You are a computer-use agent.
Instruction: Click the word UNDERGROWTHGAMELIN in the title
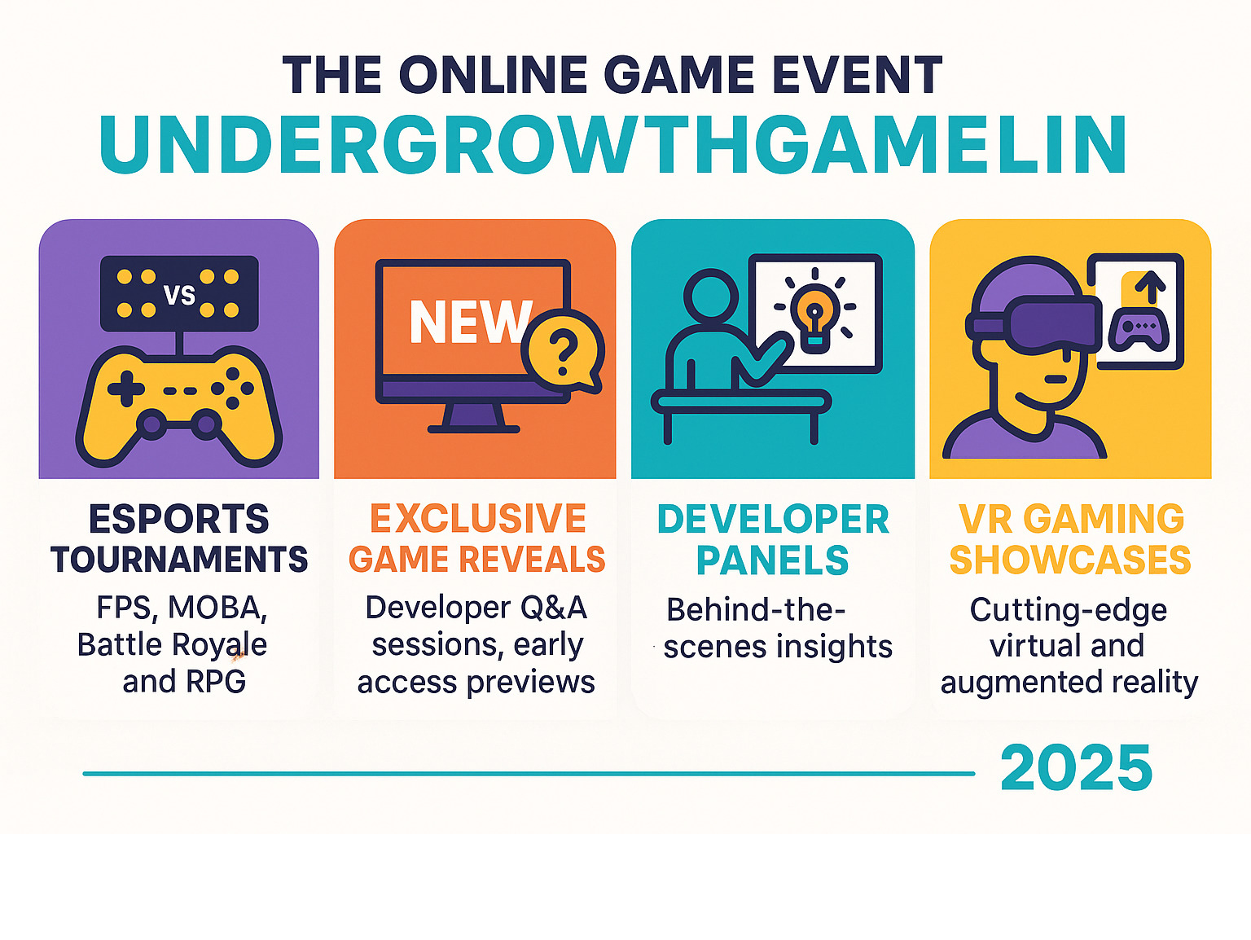[x=612, y=144]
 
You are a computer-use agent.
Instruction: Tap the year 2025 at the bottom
[x=1076, y=768]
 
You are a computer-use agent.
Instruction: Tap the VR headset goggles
[x=1034, y=323]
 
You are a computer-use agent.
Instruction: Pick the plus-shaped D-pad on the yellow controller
[x=126, y=389]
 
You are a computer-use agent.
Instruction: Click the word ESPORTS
[x=179, y=519]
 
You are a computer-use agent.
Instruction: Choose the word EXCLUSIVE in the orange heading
[x=477, y=518]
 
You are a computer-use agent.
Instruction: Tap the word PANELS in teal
[x=772, y=560]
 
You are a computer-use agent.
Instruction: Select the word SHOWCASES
[x=1070, y=560]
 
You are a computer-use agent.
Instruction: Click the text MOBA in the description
[x=217, y=608]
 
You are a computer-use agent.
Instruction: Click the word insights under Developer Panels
[x=834, y=647]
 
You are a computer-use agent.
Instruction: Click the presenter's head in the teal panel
[x=711, y=297]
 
